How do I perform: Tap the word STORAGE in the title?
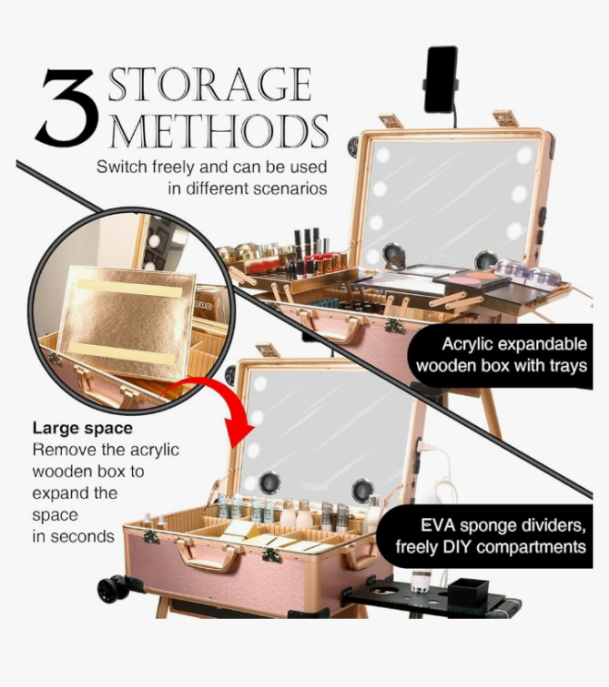click(x=210, y=84)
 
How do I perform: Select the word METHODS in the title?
click(x=219, y=131)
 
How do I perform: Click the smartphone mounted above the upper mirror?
click(x=441, y=79)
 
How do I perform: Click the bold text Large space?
click(x=82, y=428)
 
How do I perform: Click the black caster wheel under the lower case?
click(x=113, y=589)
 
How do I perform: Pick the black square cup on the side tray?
click(x=468, y=592)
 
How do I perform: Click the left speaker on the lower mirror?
click(x=269, y=483)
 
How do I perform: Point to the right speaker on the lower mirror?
click(x=363, y=491)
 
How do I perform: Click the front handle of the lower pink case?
click(x=209, y=555)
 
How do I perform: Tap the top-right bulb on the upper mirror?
click(x=524, y=155)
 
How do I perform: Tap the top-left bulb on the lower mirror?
click(x=260, y=384)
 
